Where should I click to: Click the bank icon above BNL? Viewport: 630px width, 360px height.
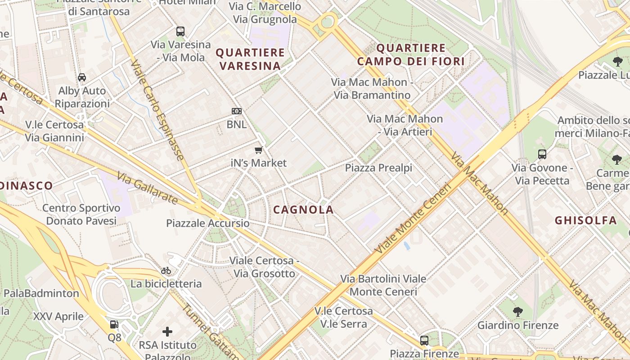point(237,111)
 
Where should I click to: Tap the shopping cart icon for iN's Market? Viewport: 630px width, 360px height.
point(258,150)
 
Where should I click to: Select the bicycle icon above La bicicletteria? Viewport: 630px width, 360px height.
point(166,270)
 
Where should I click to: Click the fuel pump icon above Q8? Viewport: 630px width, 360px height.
point(114,324)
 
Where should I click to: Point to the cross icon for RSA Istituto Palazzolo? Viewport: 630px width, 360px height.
point(167,332)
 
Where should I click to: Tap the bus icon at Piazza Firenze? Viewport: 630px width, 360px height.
point(424,340)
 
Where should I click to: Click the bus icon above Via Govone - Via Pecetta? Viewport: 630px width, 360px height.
point(542,154)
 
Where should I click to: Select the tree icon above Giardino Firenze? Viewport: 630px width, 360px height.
point(518,311)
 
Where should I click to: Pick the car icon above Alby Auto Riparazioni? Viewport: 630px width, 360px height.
point(82,77)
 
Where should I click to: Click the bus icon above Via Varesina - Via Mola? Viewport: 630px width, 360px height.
point(180,31)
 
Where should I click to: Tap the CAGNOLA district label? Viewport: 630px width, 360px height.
point(303,209)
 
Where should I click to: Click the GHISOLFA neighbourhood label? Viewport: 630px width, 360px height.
point(585,220)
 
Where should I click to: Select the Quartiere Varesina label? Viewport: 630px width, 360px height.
point(250,59)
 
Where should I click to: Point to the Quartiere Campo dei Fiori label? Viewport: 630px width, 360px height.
point(411,54)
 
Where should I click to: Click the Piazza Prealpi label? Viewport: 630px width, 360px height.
point(378,168)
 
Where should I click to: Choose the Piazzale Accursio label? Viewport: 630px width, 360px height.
point(207,223)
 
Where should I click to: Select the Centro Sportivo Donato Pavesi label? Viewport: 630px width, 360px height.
point(81,214)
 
